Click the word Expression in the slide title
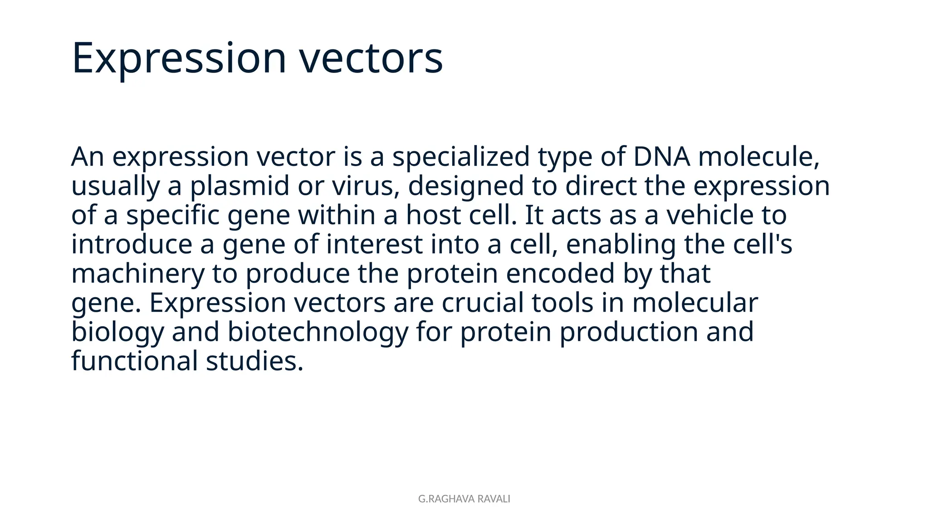[x=179, y=58]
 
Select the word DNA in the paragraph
[x=661, y=157]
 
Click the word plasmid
[x=239, y=186]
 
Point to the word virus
[x=365, y=186]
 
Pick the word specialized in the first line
[x=460, y=157]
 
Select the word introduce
[x=132, y=244]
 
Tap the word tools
[x=562, y=303]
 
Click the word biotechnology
[x=318, y=332]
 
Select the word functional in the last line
[x=134, y=361]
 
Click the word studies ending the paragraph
[x=254, y=361]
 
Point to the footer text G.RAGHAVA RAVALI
[x=464, y=499]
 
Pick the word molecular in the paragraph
[x=695, y=303]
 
